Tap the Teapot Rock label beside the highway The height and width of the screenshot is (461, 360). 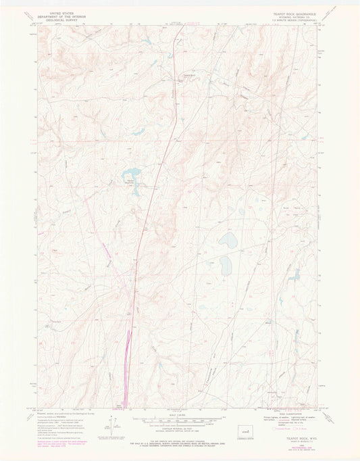pos(182,75)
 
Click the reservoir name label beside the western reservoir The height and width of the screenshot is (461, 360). pos(128,179)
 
